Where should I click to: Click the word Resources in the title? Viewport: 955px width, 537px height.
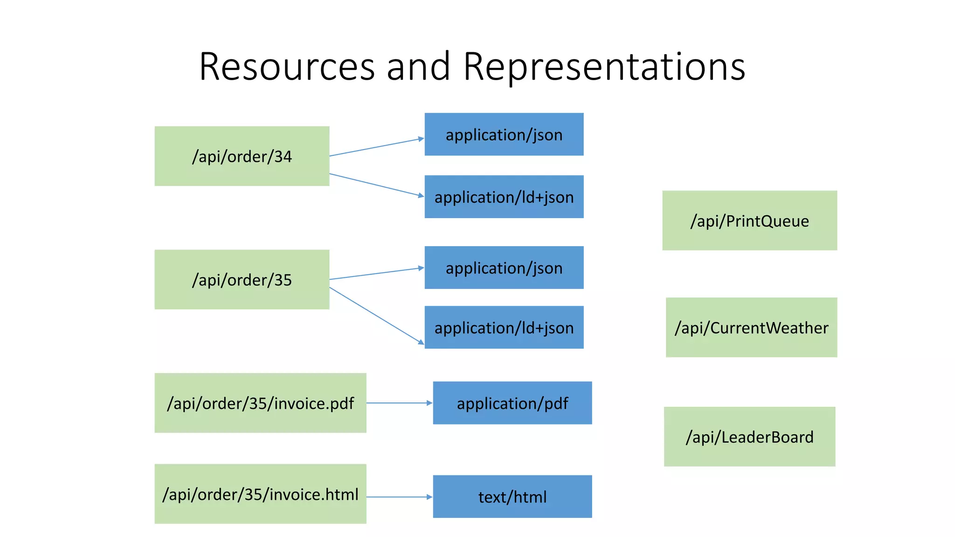click(287, 67)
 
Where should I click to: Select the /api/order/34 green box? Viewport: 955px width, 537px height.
click(242, 156)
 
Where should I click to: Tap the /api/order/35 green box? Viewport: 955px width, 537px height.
click(242, 280)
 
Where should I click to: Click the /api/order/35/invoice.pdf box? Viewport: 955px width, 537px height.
click(260, 403)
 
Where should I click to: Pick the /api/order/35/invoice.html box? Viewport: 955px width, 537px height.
click(260, 494)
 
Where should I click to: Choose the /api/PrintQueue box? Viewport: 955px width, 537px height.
click(749, 220)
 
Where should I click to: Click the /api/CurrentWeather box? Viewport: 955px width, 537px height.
click(751, 327)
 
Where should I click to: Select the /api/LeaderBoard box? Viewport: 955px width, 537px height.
click(749, 437)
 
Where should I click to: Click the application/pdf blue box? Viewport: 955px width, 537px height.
click(512, 403)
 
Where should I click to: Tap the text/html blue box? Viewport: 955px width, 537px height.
click(512, 496)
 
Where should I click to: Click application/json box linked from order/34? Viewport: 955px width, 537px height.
click(504, 134)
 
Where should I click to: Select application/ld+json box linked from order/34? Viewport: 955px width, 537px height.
click(504, 197)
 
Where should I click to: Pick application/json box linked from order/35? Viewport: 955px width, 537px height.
click(504, 268)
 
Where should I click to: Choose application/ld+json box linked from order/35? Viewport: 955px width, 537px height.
click(504, 327)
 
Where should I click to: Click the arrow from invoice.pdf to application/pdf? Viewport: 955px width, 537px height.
click(399, 403)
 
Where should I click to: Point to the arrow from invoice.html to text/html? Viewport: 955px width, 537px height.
click(399, 497)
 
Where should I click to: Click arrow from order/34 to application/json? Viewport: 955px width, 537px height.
click(376, 147)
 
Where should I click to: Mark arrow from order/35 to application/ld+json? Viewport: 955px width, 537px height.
click(376, 316)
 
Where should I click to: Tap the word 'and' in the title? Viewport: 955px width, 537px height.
click(418, 67)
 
